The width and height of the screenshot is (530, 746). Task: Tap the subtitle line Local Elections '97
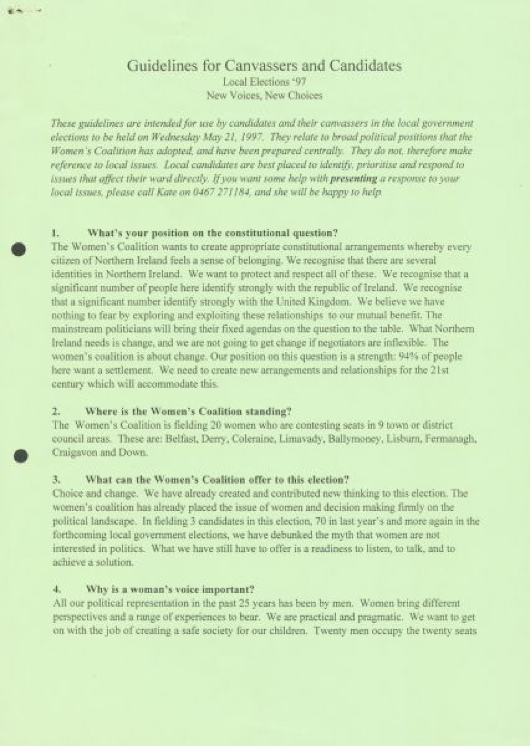click(x=264, y=82)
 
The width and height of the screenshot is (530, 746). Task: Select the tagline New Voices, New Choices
click(x=265, y=95)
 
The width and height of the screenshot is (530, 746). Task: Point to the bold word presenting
click(x=354, y=179)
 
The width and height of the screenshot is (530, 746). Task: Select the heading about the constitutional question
click(x=212, y=233)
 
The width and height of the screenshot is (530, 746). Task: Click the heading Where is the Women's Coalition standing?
click(x=188, y=412)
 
